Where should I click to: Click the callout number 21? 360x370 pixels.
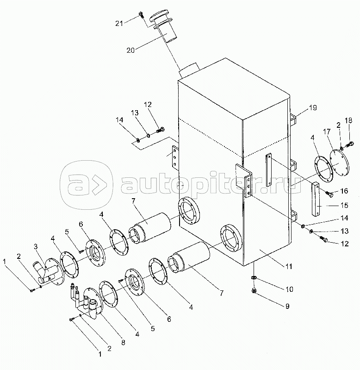[x=119, y=23]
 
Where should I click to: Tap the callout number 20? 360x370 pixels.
[x=130, y=50]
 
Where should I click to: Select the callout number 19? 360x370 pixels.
[x=313, y=108]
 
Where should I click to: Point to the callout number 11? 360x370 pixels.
[x=289, y=267]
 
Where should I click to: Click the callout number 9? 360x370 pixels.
[x=287, y=306]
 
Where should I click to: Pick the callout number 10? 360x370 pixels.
[x=289, y=289]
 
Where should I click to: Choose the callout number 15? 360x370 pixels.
[x=344, y=205]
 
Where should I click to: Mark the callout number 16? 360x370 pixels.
[x=344, y=191]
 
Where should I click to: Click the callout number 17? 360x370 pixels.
[x=327, y=132]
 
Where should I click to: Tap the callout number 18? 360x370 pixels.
[x=348, y=120]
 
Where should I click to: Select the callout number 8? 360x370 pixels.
[x=123, y=342]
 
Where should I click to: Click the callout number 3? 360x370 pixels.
[x=36, y=246]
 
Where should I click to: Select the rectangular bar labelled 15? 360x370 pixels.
[x=316, y=199]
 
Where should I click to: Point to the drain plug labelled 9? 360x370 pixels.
[x=254, y=291]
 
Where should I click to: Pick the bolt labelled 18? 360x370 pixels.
[x=349, y=144]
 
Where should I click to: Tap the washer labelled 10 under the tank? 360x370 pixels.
[x=254, y=277]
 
